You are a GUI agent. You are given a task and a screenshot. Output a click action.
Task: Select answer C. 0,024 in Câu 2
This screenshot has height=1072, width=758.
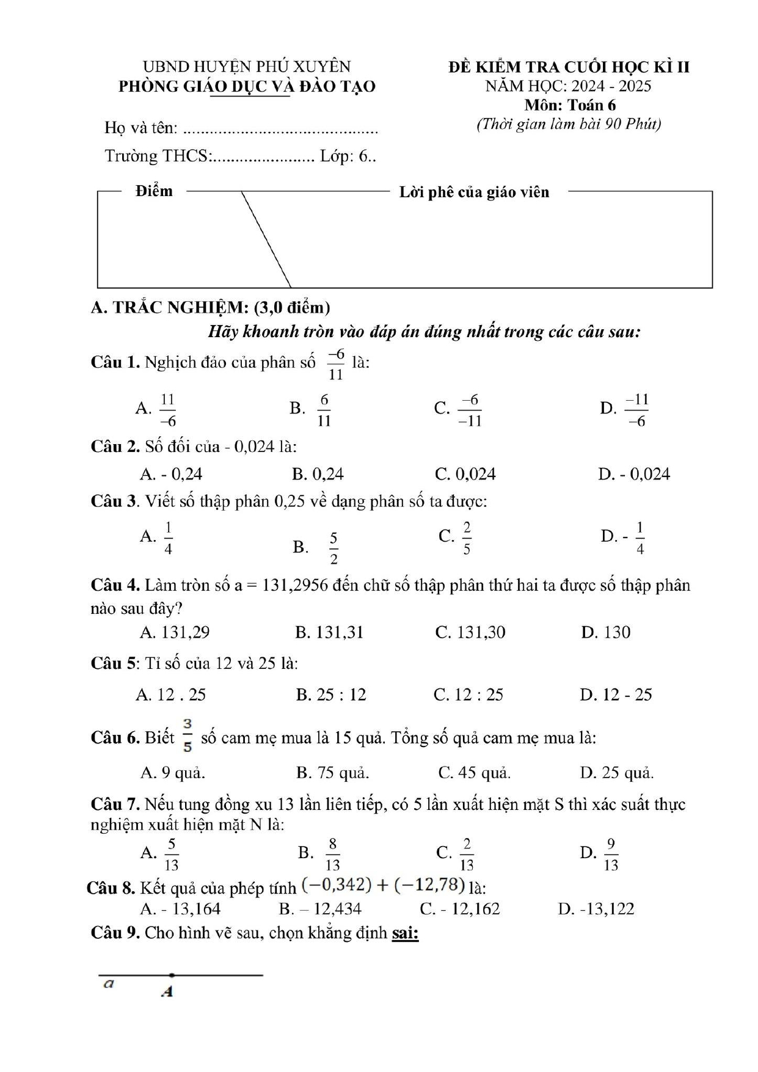[x=465, y=474]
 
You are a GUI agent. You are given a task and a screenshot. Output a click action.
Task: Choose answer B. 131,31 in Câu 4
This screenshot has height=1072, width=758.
[x=329, y=632]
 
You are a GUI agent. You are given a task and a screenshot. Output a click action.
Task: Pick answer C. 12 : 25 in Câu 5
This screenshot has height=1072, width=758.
[x=468, y=695]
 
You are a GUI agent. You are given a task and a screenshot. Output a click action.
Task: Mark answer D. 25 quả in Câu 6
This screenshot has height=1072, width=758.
[x=616, y=773]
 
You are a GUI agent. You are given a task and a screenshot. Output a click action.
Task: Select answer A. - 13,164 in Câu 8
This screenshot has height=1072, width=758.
[x=180, y=909]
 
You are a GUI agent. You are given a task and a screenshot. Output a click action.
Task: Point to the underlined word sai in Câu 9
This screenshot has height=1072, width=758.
[x=405, y=933]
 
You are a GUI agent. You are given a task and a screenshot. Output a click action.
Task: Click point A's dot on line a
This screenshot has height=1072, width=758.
[x=172, y=975]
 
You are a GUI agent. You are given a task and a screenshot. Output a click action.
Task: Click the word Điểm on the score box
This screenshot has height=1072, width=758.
[x=154, y=191]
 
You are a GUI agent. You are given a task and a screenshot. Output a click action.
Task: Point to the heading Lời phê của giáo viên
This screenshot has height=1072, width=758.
[x=474, y=192]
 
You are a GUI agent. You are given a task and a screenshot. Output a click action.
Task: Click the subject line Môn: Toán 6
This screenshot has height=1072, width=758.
[x=569, y=105]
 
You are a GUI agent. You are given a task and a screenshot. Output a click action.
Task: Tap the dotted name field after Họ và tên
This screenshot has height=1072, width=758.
[x=280, y=129]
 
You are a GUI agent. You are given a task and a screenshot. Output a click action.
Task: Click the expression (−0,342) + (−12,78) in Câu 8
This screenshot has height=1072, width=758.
[x=383, y=885]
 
